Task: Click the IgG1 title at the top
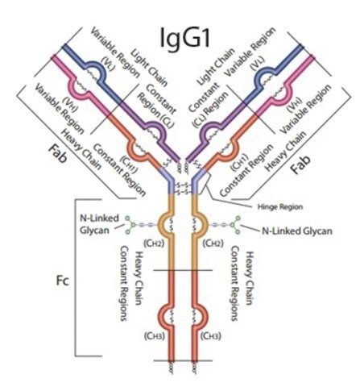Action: point(184,39)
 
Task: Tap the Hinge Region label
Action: point(280,207)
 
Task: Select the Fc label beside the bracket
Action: point(63,281)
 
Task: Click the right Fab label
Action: point(301,164)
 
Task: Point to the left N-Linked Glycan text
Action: point(99,224)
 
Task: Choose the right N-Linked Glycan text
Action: point(297,231)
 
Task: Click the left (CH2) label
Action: point(154,243)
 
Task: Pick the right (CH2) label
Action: point(213,243)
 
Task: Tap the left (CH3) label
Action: point(154,336)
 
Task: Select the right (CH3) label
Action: point(211,336)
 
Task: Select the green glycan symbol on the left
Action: point(130,224)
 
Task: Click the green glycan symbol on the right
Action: point(237,225)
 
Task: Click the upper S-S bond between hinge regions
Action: point(183,185)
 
